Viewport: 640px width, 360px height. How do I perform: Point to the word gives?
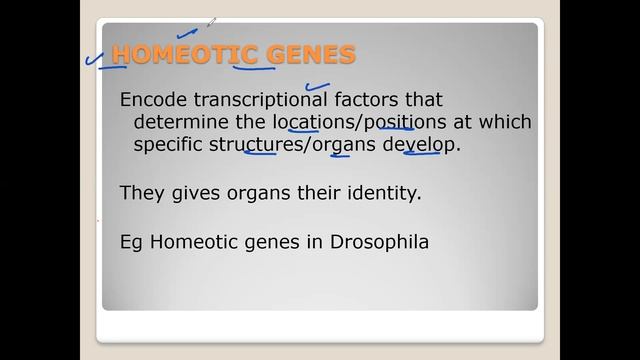pyautogui.click(x=190, y=192)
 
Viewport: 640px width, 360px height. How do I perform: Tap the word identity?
pyautogui.click(x=384, y=192)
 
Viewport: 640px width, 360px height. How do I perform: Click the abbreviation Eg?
pyautogui.click(x=130, y=241)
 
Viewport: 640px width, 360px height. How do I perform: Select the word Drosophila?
pyautogui.click(x=384, y=241)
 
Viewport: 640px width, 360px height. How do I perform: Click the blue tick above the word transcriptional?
pyautogui.click(x=319, y=88)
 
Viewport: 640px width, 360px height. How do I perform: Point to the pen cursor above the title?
pyautogui.click(x=211, y=21)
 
